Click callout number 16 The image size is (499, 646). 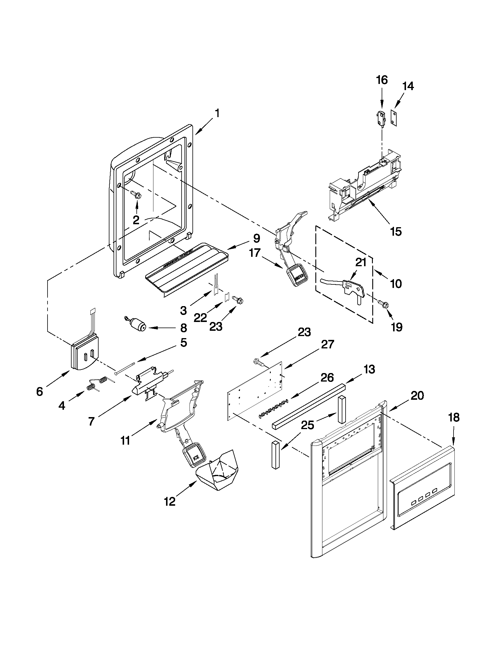pos(382,80)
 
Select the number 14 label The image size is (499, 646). pos(408,86)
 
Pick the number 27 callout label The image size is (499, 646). pos(327,345)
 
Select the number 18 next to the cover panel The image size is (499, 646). pos(454,418)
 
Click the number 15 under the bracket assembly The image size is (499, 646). pos(395,232)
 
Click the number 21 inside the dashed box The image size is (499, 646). pos(360,262)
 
